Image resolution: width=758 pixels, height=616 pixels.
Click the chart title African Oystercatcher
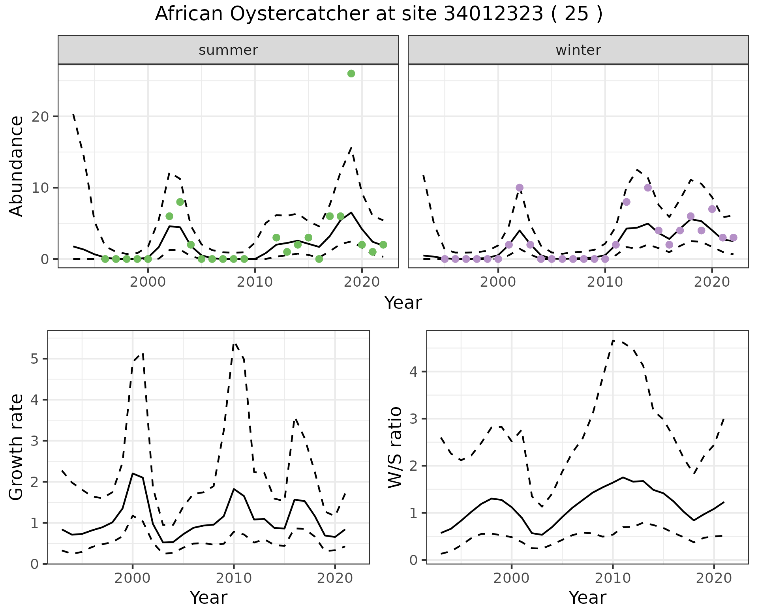click(x=379, y=14)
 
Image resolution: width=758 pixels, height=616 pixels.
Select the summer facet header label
click(x=228, y=50)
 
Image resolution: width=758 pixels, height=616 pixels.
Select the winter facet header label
click(x=578, y=50)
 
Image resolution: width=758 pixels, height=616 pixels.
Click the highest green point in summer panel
click(x=351, y=73)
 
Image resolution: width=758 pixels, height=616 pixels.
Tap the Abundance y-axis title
click(x=16, y=166)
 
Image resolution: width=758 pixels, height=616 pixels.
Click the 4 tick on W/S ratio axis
click(x=414, y=372)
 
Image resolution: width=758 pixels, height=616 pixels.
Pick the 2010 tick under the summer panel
click(x=255, y=282)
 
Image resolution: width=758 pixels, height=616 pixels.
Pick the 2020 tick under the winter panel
click(x=712, y=282)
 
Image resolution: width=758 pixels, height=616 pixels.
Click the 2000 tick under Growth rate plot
click(x=132, y=578)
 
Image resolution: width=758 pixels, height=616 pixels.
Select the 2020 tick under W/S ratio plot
click(x=714, y=578)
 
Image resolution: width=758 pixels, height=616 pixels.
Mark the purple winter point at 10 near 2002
click(x=520, y=188)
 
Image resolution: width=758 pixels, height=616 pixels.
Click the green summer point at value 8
click(x=180, y=202)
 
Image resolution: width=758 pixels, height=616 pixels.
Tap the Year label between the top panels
click(x=403, y=303)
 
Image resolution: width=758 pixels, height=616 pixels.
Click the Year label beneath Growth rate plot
click(x=208, y=597)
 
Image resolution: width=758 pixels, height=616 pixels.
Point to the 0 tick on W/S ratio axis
click(x=414, y=560)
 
